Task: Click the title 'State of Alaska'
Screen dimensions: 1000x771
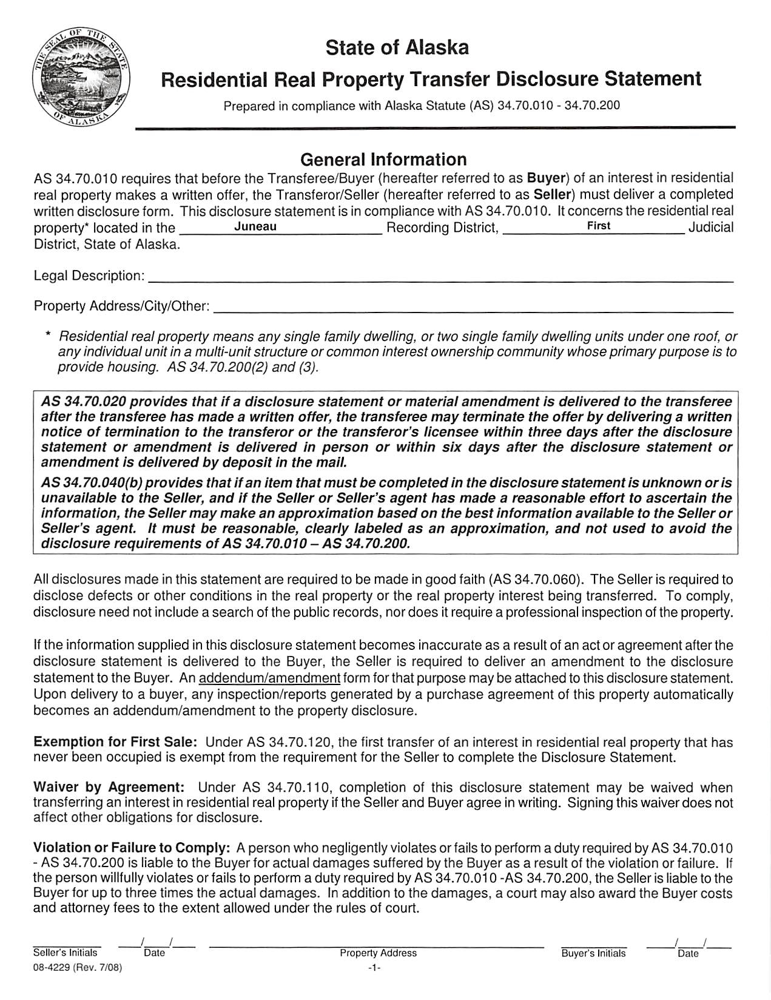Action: pyautogui.click(x=397, y=47)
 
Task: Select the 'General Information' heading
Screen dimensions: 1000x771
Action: pyautogui.click(x=383, y=160)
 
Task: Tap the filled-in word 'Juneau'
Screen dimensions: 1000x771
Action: pyautogui.click(x=255, y=226)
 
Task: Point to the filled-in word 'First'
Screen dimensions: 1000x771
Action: pyautogui.click(x=598, y=226)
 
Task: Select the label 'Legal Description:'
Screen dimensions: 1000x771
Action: pyautogui.click(x=89, y=276)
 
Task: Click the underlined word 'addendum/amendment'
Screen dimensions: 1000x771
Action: pyautogui.click(x=269, y=678)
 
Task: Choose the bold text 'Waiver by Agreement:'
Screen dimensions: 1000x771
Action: pyautogui.click(x=109, y=788)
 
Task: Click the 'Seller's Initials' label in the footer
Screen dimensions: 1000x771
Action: pyautogui.click(x=65, y=953)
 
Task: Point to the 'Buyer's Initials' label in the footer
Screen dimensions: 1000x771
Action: pyautogui.click(x=593, y=953)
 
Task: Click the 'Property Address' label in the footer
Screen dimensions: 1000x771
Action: pyautogui.click(x=378, y=953)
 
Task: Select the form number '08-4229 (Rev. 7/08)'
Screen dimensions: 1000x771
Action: pyautogui.click(x=78, y=968)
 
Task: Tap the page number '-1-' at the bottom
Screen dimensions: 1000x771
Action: pyautogui.click(x=374, y=969)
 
